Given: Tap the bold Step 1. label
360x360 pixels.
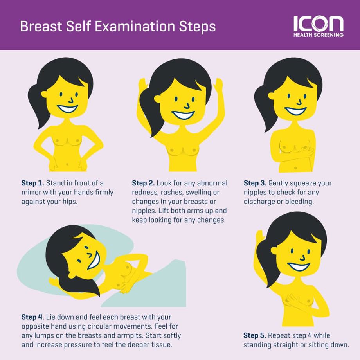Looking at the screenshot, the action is tap(32, 183).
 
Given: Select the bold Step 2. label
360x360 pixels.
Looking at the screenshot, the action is tap(143, 183).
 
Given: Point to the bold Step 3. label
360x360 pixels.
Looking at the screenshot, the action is tap(255, 183).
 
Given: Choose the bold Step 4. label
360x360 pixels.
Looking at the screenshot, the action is tap(32, 317).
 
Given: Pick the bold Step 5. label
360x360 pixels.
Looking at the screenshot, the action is tap(255, 335).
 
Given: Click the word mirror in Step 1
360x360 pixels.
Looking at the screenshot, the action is tap(31, 193).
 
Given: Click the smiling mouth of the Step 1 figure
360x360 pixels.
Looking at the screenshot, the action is tap(67, 109).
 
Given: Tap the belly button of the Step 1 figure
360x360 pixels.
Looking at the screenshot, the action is tap(67, 164).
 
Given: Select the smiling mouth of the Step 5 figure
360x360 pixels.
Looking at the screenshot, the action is tap(299, 267).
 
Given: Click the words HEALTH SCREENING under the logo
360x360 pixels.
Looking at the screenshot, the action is tap(318, 35).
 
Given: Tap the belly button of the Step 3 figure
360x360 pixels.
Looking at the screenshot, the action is tap(295, 168).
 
